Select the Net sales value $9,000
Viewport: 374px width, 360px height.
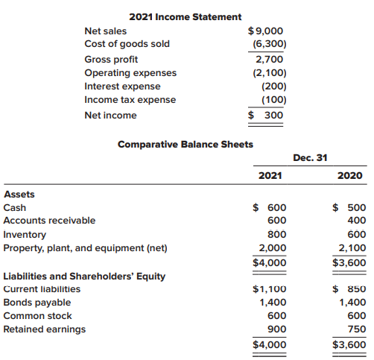[264, 31]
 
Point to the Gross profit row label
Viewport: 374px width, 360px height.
[111, 60]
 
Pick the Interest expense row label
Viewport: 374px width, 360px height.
[122, 86]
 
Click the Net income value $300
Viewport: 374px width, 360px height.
[266, 115]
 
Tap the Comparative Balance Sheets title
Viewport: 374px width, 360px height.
[186, 144]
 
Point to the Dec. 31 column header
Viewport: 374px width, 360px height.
[311, 158]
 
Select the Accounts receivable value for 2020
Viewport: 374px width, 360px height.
[356, 221]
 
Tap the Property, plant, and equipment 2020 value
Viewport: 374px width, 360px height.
[352, 248]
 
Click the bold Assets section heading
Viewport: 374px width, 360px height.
[19, 195]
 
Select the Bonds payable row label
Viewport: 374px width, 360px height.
[37, 303]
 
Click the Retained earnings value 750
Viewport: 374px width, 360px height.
[356, 329]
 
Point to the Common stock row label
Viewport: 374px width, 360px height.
[38, 316]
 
